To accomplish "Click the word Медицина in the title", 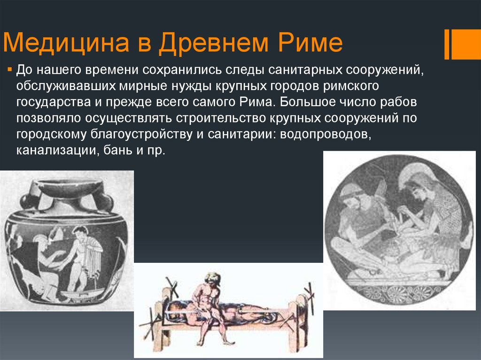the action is [x=66, y=43].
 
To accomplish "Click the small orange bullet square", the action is [x=9, y=70].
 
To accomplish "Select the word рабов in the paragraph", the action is [x=398, y=102].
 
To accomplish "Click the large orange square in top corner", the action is [x=466, y=45].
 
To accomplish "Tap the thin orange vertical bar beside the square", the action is [x=447, y=45].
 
